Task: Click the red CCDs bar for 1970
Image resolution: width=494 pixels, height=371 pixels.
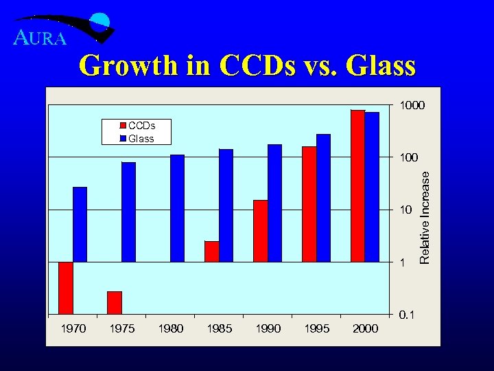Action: point(66,288)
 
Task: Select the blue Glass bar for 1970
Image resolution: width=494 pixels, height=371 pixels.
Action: point(80,224)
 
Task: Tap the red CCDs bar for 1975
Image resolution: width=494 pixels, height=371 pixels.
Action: point(115,302)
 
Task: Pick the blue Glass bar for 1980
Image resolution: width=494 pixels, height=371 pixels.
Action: point(177,208)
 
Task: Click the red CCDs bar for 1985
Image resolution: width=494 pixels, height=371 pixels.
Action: point(211,251)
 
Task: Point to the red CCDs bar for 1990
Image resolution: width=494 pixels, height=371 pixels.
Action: point(260,231)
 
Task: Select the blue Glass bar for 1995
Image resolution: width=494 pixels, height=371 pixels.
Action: point(323,198)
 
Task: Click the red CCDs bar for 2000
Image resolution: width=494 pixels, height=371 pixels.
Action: point(357,185)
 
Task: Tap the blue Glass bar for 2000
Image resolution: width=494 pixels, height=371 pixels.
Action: point(372,187)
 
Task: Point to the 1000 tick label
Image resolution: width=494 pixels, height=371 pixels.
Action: point(413,106)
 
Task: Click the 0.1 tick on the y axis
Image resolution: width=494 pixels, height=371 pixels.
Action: point(407,315)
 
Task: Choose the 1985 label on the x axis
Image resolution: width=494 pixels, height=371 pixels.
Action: point(219,329)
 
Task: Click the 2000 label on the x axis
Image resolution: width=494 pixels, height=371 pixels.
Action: point(365,329)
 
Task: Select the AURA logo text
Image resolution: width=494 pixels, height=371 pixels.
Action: point(40,38)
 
